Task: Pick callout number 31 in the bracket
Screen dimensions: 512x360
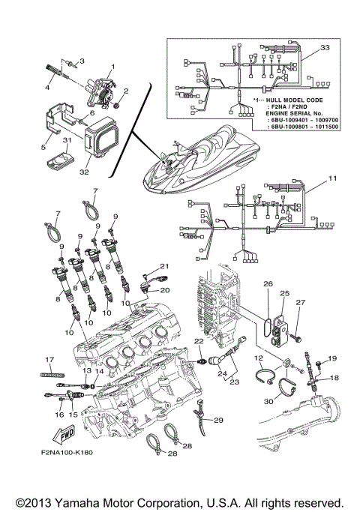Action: pyautogui.click(x=67, y=141)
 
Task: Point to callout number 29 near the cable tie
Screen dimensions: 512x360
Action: pyautogui.click(x=220, y=419)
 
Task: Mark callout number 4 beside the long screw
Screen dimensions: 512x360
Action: pyautogui.click(x=46, y=87)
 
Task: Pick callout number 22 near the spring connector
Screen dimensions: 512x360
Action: pyautogui.click(x=200, y=343)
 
